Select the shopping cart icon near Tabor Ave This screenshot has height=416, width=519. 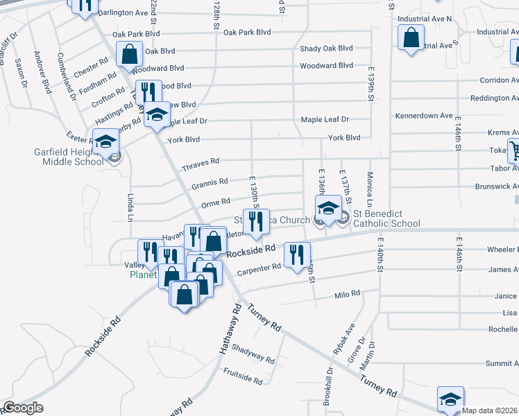[515, 149]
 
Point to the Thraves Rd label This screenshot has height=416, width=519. [200, 164]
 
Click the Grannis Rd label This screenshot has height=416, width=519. [209, 182]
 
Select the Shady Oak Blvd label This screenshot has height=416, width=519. [326, 49]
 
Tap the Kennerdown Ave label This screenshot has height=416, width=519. [423, 115]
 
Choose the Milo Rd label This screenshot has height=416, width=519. [347, 294]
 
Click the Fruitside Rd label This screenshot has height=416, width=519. [243, 380]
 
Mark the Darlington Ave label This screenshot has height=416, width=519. [123, 13]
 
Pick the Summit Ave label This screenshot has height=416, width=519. [501, 363]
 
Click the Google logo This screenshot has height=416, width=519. [22, 408]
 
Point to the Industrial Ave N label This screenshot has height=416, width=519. [424, 19]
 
